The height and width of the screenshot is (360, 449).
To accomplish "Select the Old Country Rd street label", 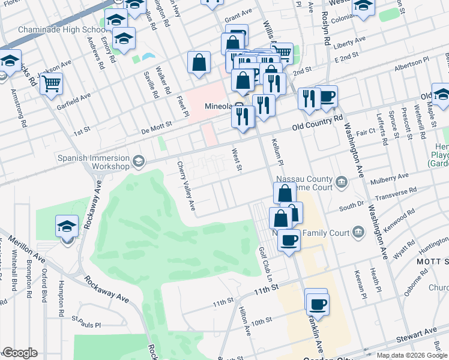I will (317, 123).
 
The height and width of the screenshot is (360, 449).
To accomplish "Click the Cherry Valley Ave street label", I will (186, 185).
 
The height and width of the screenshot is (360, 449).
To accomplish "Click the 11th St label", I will (267, 290).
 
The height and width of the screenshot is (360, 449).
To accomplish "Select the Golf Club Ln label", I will (265, 265).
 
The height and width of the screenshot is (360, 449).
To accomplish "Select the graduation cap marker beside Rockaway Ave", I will (67, 227).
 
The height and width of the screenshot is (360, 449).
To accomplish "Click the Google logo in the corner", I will (20, 353).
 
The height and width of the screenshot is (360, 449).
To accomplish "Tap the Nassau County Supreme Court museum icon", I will (342, 181).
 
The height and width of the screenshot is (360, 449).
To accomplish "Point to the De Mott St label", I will (156, 125).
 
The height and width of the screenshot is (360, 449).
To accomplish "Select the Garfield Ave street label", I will (73, 97).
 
